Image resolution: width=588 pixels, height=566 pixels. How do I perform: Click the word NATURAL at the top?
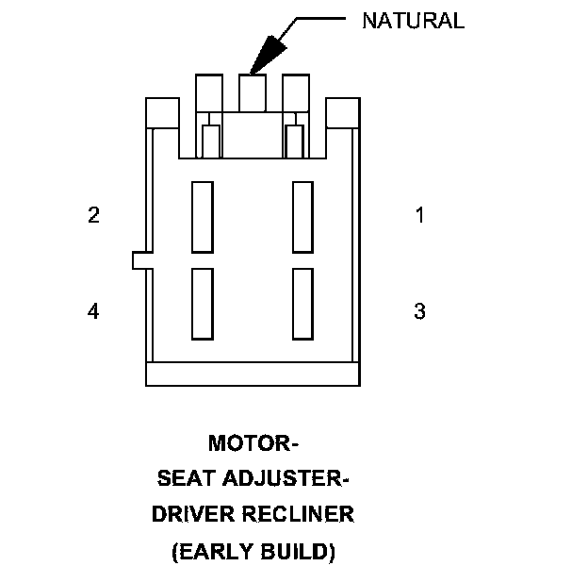point(413,22)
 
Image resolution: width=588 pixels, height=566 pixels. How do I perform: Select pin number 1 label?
point(419,215)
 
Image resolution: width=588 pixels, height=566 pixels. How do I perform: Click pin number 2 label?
point(93,215)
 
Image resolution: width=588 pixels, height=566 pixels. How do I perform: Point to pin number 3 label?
point(419,311)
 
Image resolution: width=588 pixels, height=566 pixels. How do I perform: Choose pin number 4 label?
point(93,311)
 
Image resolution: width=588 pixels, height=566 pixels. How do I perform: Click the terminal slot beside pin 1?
point(302,217)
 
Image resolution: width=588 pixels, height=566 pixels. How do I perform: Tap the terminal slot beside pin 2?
point(202,217)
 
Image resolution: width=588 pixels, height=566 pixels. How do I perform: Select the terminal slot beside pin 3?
point(302,304)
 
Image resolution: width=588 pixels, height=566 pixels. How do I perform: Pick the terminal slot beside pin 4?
point(202,304)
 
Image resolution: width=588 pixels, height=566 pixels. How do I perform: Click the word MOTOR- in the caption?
point(253,442)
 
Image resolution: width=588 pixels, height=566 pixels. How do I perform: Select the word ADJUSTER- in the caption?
point(288,479)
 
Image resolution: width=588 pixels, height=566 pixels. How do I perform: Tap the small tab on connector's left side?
point(139,260)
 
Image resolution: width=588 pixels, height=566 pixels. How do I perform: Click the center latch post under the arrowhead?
point(253,92)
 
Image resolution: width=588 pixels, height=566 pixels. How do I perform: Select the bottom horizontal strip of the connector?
point(253,374)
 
